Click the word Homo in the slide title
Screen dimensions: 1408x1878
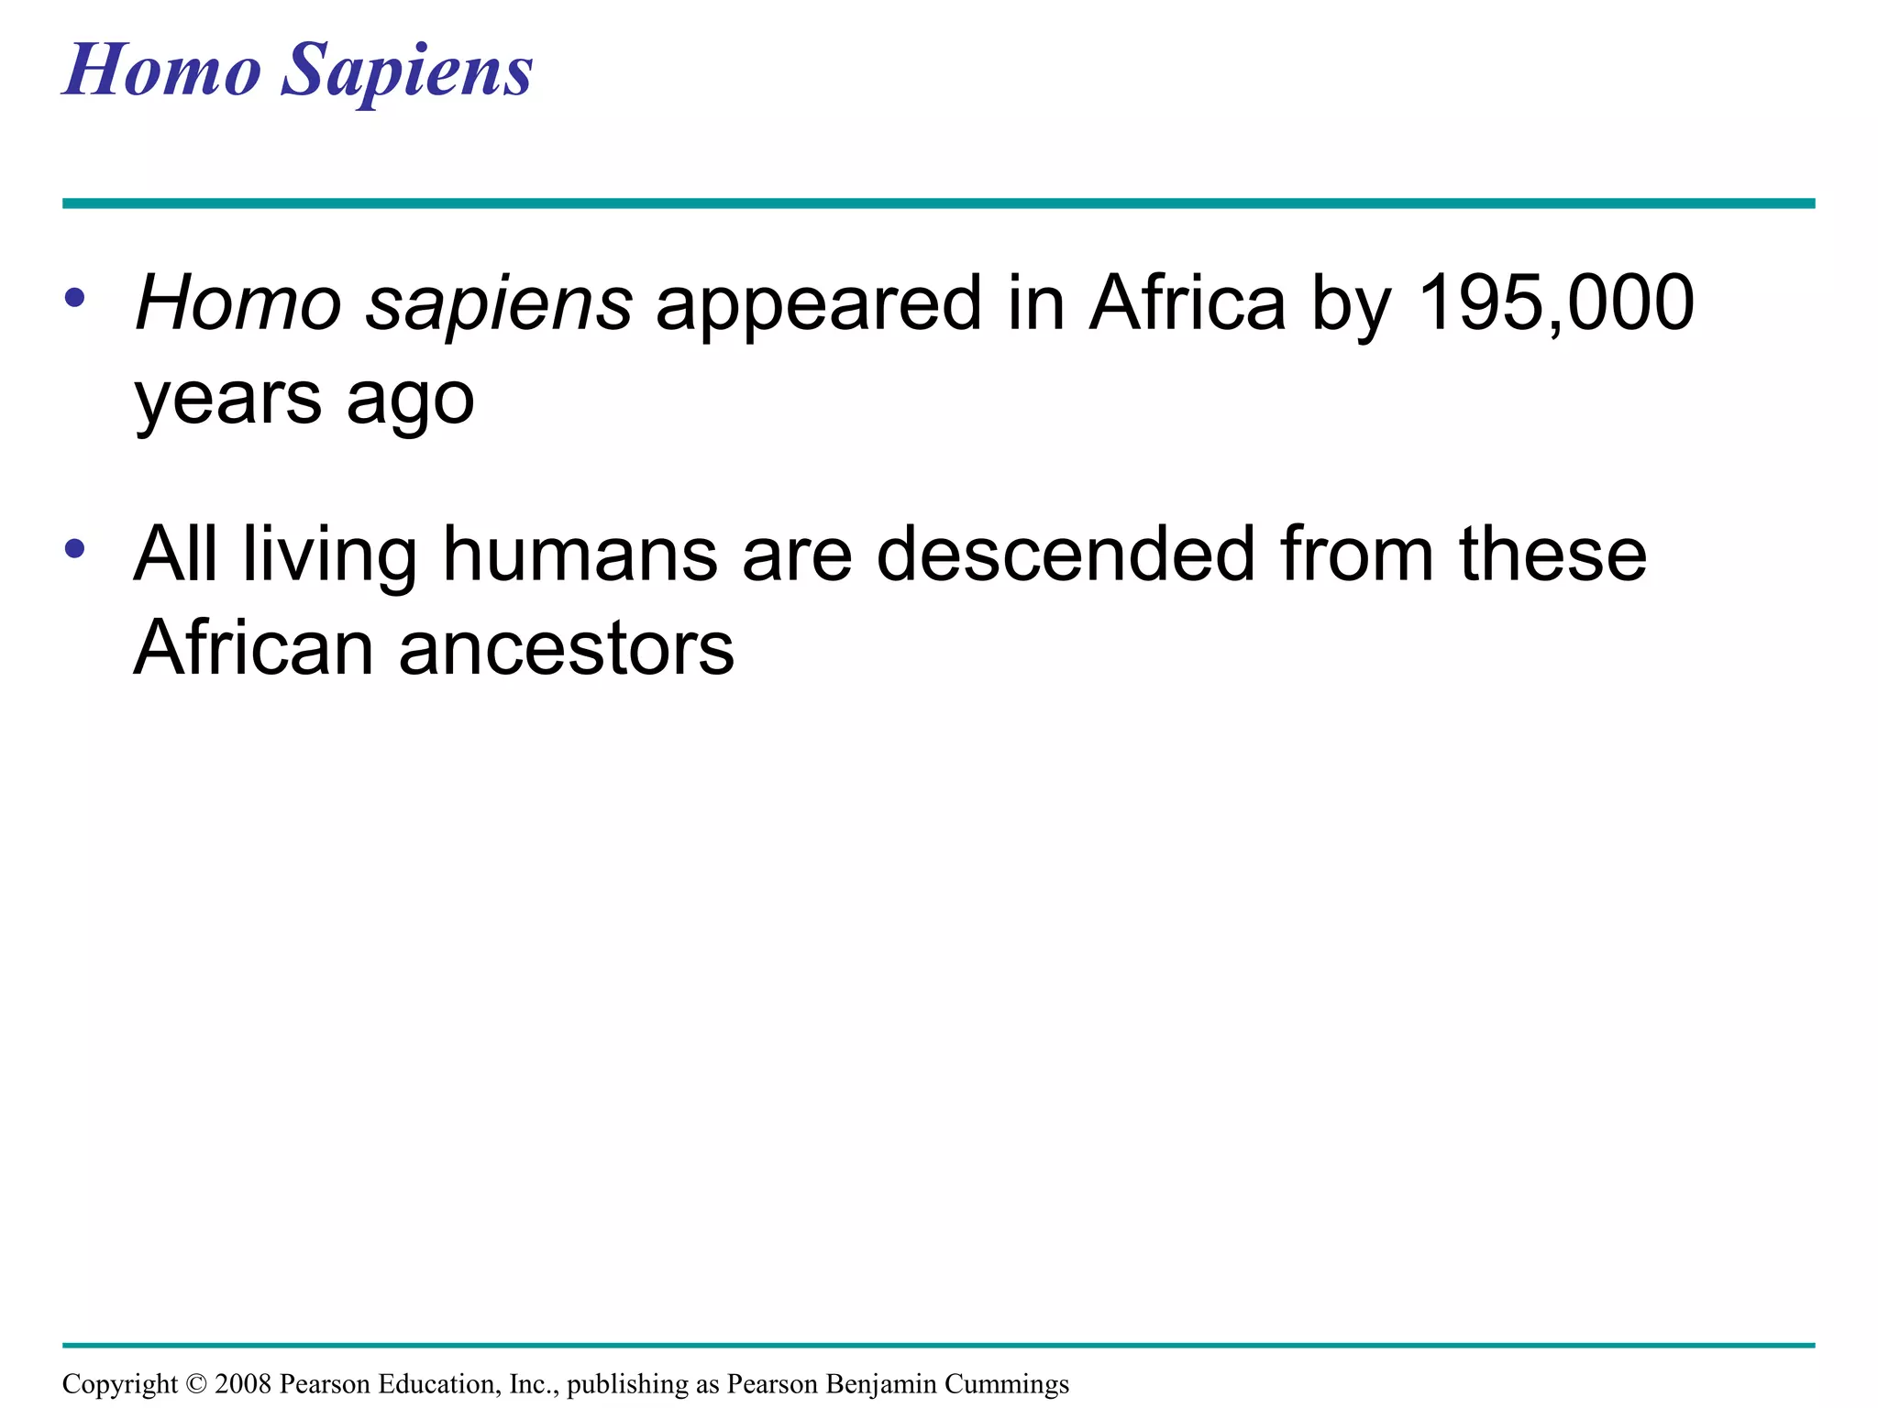[162, 71]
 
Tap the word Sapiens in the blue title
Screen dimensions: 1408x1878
[406, 71]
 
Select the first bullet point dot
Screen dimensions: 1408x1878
[75, 298]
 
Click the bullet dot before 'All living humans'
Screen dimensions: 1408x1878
[75, 549]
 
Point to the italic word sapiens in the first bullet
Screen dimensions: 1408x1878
[498, 303]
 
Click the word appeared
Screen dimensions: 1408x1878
[818, 303]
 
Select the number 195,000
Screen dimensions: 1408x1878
[1555, 303]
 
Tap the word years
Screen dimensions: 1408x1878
[227, 399]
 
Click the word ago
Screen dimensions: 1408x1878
[410, 399]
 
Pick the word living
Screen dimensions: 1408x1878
[330, 555]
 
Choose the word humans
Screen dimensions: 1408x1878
[580, 555]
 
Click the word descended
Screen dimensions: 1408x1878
[1065, 555]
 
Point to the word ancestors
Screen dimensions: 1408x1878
[566, 649]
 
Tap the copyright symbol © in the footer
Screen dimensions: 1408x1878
[196, 1384]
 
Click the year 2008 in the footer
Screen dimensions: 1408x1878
[243, 1384]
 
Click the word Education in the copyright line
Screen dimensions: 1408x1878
[439, 1384]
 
